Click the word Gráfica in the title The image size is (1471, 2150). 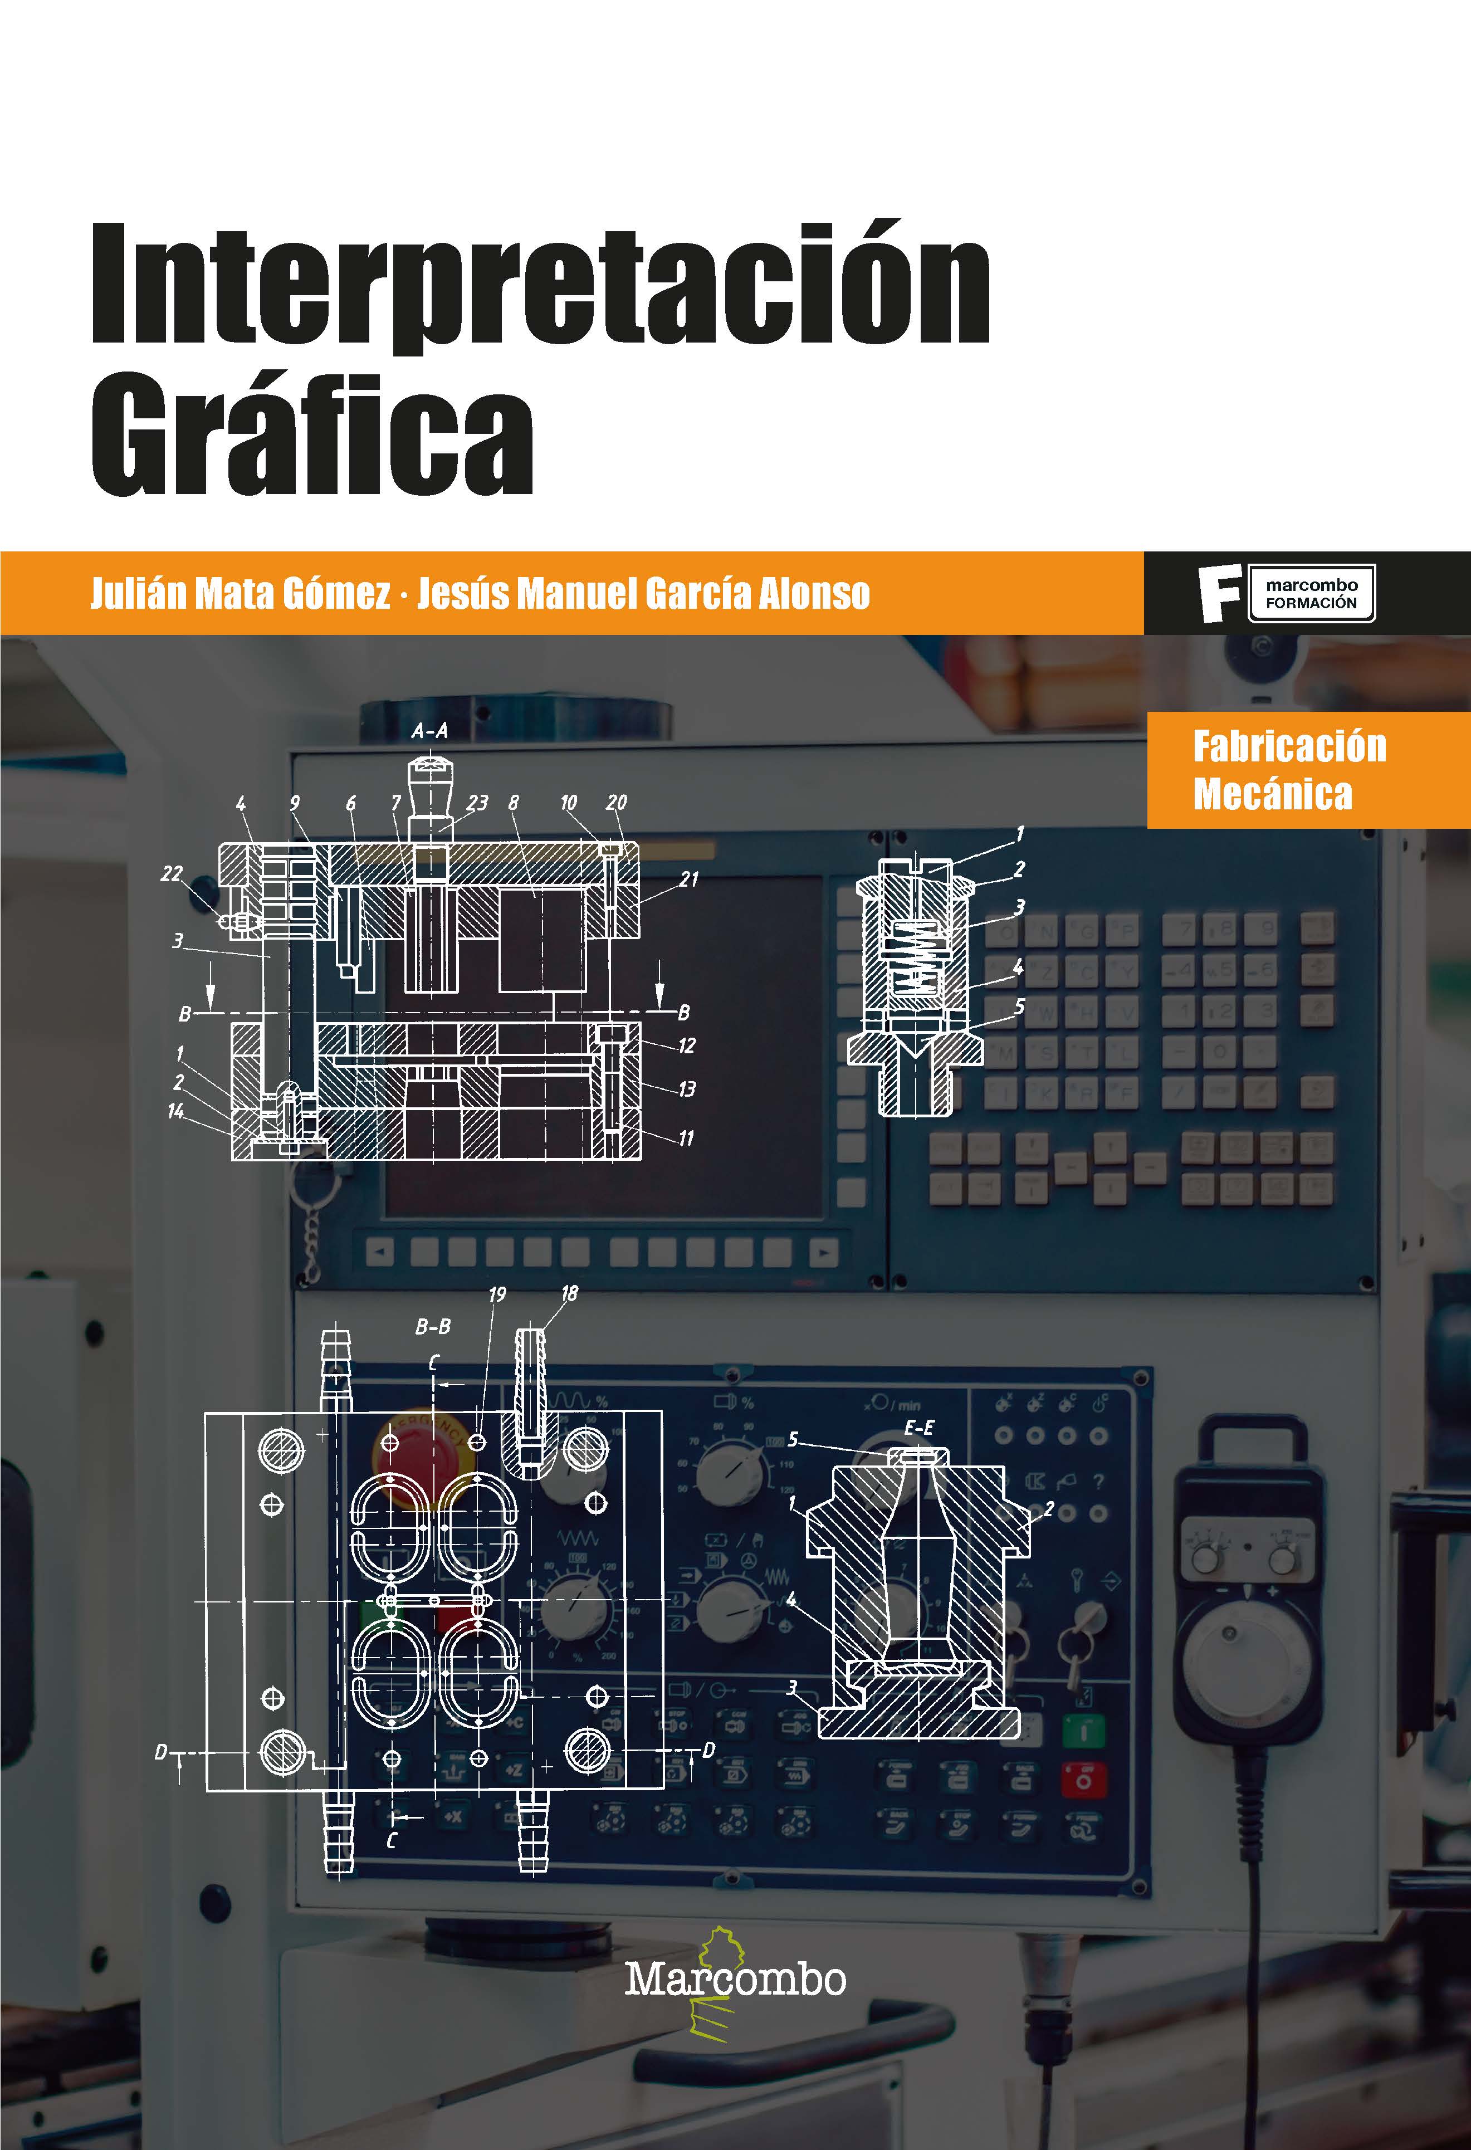point(312,435)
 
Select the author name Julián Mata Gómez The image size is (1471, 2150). point(241,593)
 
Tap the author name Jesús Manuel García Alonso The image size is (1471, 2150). point(643,593)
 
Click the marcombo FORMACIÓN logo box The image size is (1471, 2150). point(1311,594)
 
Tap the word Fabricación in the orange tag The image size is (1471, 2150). point(1289,746)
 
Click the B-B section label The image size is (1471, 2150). point(432,1327)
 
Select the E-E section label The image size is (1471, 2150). point(918,1428)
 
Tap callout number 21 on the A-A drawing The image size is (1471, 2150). point(688,879)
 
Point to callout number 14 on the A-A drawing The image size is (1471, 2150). point(175,1111)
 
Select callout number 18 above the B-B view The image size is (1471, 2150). point(569,1292)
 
